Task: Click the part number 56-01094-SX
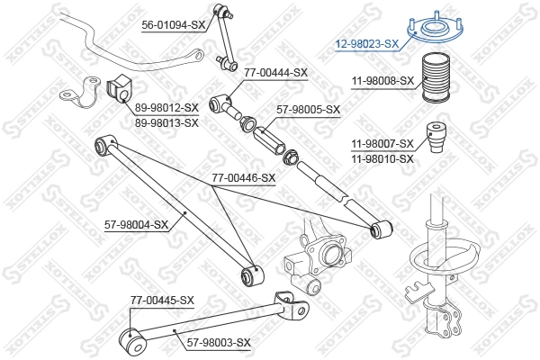point(174,26)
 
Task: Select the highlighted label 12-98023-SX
point(366,43)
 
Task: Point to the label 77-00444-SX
point(276,73)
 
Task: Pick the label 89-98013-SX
point(166,122)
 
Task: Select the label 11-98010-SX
point(382,157)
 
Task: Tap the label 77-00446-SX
point(244,178)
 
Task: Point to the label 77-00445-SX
point(162,300)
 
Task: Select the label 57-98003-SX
point(218,342)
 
